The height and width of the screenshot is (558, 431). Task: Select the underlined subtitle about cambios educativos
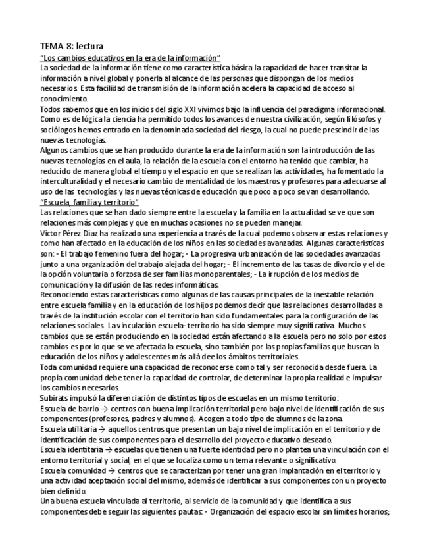[130, 58]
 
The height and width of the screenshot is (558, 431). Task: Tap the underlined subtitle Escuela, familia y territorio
[89, 201]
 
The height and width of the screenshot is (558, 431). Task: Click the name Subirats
[57, 398]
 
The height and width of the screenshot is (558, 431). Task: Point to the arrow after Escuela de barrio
[97, 409]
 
